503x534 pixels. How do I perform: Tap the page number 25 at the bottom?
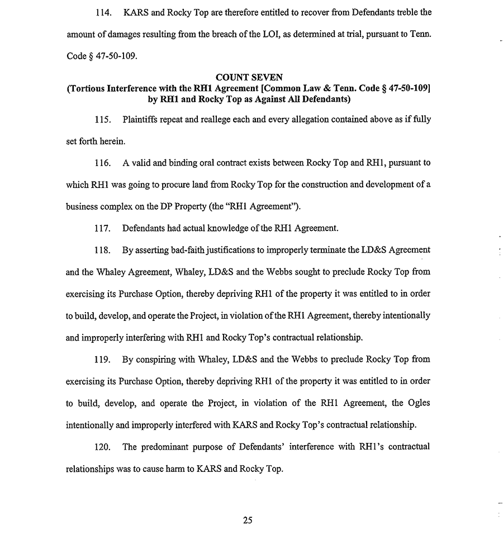pos(248,520)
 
